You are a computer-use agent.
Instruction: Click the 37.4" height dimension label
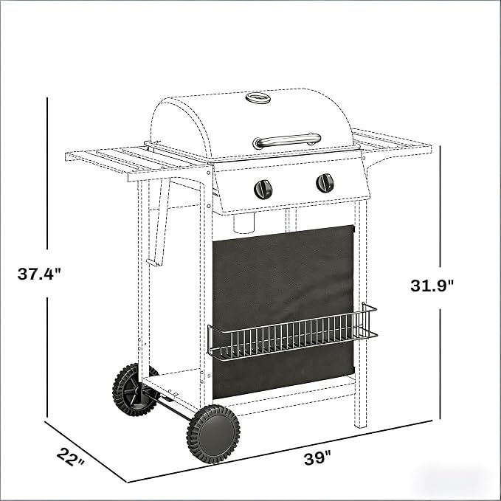tap(39, 274)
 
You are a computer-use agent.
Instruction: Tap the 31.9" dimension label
tap(432, 286)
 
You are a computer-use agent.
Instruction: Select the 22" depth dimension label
tap(71, 457)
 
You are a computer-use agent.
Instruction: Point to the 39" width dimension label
tap(317, 458)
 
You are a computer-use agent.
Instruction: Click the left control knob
tap(263, 189)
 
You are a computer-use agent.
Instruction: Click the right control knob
tap(325, 184)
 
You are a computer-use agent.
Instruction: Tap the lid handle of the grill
tap(286, 141)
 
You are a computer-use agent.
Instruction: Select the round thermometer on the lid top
tap(258, 98)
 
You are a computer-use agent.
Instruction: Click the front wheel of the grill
tap(213, 434)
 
